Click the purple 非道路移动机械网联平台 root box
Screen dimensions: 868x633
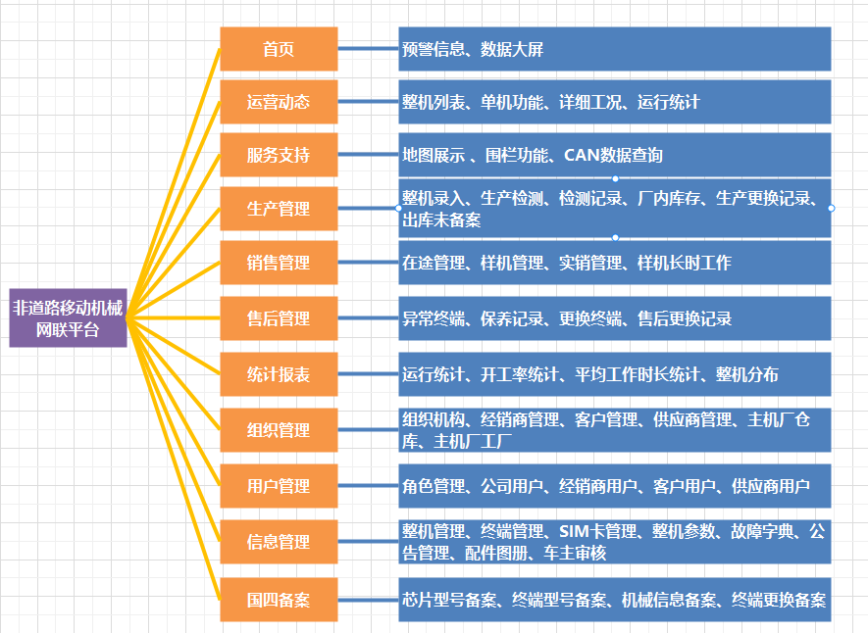(x=68, y=317)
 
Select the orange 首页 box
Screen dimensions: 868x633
(x=279, y=49)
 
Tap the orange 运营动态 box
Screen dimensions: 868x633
(x=279, y=102)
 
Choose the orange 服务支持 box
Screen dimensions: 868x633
(x=279, y=155)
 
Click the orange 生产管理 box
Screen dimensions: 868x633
(x=279, y=209)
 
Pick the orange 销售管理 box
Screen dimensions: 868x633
(x=279, y=263)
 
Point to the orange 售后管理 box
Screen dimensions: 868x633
(x=279, y=318)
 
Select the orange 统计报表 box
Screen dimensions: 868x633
(x=279, y=374)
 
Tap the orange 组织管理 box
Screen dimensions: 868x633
(x=279, y=430)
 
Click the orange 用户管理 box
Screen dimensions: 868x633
(x=279, y=486)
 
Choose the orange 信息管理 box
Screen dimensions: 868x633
(x=279, y=542)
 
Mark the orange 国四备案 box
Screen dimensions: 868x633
(x=279, y=600)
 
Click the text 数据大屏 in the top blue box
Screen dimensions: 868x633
(x=512, y=49)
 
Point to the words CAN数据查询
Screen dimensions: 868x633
(x=613, y=156)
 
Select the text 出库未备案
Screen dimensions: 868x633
(x=441, y=220)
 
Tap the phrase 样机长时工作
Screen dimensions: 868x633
(x=685, y=263)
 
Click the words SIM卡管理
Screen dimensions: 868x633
(x=598, y=531)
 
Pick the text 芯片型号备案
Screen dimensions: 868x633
(x=449, y=600)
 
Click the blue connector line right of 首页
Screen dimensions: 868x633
(x=368, y=49)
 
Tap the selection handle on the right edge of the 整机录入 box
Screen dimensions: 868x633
(x=831, y=209)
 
